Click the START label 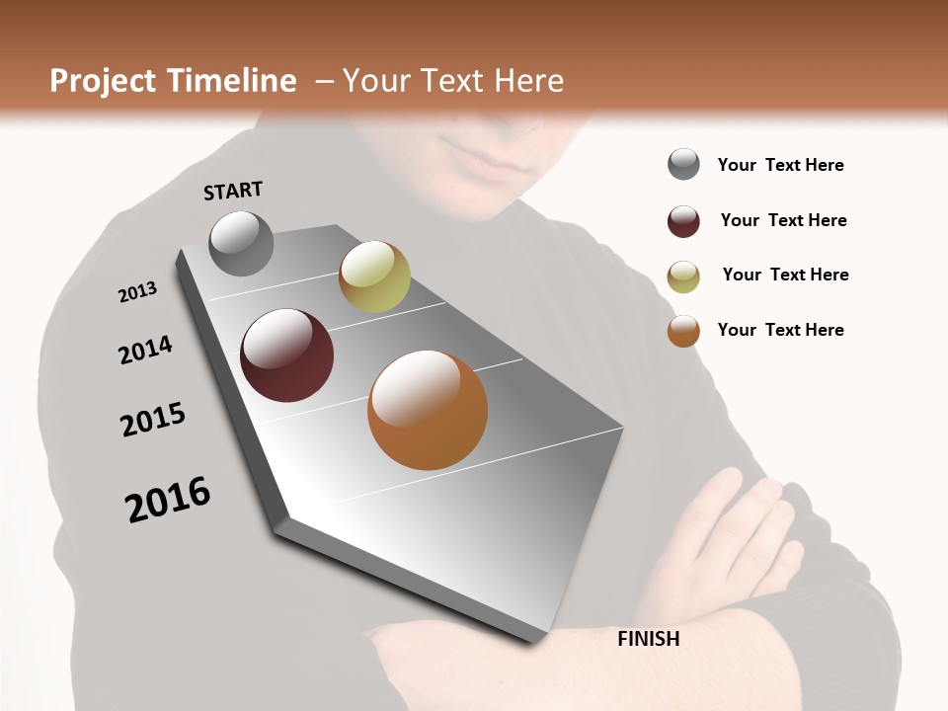233,190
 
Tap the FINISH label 648,639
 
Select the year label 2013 137,292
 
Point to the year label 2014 145,350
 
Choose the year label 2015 153,420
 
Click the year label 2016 168,500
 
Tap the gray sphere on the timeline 241,243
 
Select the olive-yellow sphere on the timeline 374,276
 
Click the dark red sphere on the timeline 286,355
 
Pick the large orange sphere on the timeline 428,410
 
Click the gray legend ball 683,164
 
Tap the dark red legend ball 683,221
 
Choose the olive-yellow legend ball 683,276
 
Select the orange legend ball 683,331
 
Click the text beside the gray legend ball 780,165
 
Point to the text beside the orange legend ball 780,330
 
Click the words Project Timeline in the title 173,81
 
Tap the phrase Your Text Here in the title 452,81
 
